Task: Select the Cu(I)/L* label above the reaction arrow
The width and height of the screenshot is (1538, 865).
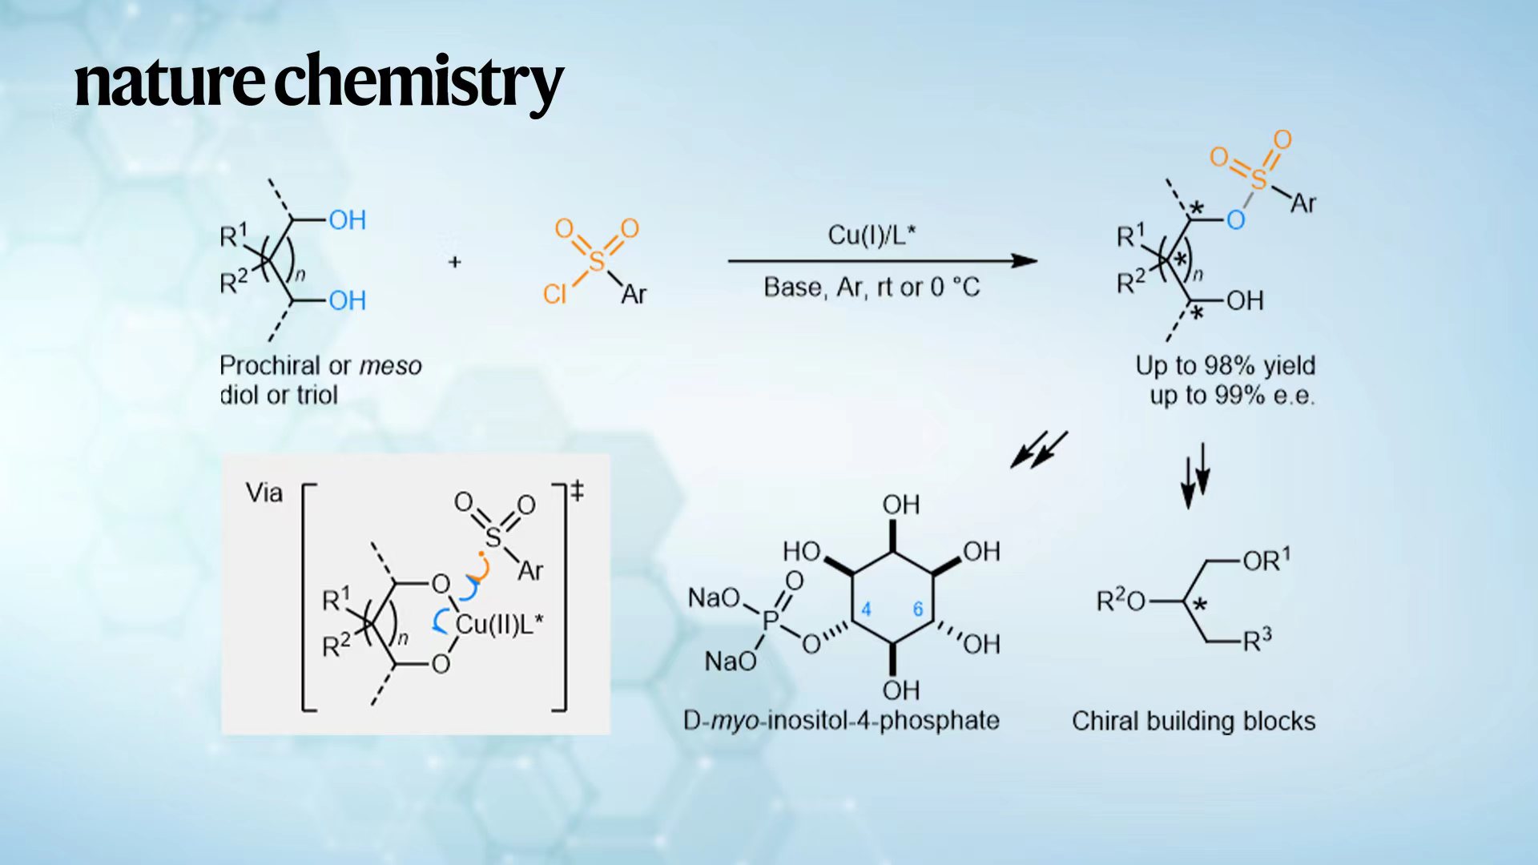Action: pos(871,235)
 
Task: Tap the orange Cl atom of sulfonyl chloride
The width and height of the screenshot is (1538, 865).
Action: pos(554,294)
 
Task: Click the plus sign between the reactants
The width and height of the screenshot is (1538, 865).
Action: pos(455,262)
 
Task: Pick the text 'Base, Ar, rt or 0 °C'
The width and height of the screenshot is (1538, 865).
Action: pos(872,287)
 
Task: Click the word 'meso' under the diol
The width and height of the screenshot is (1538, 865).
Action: pos(390,366)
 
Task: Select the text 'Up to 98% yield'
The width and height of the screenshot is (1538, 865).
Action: pos(1225,365)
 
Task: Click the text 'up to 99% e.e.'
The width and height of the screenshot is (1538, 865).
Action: pos(1232,395)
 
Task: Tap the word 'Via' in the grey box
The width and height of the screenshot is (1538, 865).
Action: pos(264,492)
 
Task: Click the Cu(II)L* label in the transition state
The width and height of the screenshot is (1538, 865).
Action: pos(499,624)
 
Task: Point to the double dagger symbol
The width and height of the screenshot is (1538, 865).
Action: pos(577,490)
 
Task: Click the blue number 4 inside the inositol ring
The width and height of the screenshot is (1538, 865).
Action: pos(866,610)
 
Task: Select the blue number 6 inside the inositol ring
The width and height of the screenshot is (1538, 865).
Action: pos(918,610)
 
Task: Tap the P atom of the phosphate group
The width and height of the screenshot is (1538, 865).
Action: pos(771,619)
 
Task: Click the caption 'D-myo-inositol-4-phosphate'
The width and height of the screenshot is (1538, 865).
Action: pos(841,721)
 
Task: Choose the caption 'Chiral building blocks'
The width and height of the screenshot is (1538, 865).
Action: pos(1194,721)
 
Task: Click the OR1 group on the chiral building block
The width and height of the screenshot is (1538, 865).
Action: pos(1266,560)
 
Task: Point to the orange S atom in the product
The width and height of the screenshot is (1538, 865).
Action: pos(1258,179)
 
